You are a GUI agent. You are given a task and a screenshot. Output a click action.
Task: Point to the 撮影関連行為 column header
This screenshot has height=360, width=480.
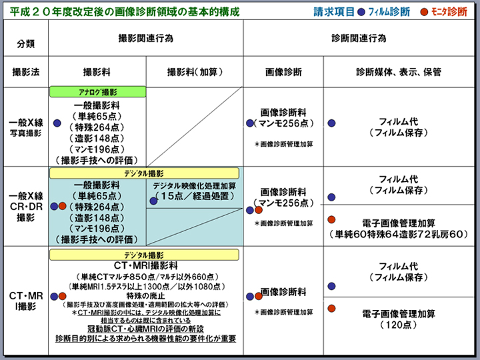tap(145, 39)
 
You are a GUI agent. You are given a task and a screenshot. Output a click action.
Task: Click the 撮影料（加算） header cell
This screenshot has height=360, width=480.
tap(195, 72)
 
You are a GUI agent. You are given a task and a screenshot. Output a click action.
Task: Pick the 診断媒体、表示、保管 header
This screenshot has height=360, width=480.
tap(398, 72)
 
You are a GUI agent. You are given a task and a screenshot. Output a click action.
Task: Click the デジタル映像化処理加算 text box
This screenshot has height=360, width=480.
tap(194, 191)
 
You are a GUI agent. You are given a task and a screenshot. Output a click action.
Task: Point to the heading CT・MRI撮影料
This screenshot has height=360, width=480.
tap(145, 265)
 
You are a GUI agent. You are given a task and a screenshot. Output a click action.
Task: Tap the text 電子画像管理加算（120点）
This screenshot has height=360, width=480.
tap(398, 319)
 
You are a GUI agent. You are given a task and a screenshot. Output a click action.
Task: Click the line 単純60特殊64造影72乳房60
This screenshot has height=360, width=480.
tap(398, 235)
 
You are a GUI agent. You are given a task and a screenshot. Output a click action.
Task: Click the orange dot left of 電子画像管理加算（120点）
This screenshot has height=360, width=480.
tap(331, 307)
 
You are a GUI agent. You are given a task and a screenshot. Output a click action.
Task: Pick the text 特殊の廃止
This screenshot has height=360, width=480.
tap(145, 295)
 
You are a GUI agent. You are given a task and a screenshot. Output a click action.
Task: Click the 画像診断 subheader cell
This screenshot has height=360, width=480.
tap(283, 72)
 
